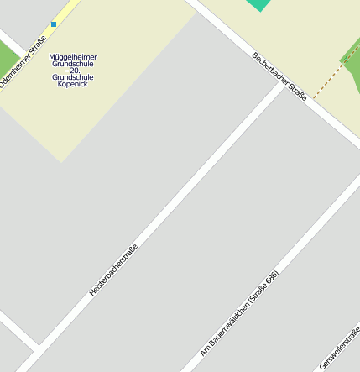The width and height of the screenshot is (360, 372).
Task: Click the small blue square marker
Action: tap(54, 24)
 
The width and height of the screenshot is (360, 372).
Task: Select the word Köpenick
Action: tap(73, 84)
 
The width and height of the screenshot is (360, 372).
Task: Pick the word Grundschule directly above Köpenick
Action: tap(73, 77)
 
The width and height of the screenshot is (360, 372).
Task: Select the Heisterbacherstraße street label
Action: tap(113, 270)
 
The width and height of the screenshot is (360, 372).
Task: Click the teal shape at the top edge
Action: tap(259, 4)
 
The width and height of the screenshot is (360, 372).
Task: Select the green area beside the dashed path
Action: tap(352, 67)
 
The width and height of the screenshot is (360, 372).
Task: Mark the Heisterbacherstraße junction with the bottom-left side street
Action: tap(37, 347)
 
